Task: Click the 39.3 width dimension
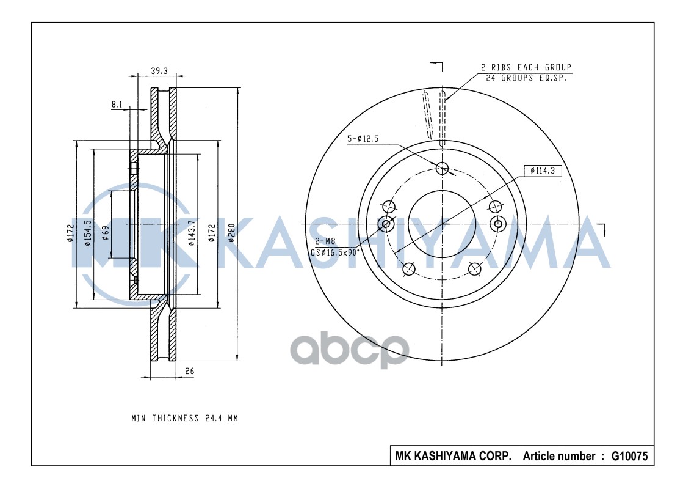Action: [x=160, y=71]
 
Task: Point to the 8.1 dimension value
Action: [x=117, y=105]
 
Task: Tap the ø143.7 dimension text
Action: [x=191, y=233]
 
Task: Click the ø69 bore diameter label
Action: [x=106, y=233]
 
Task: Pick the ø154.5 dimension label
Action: [x=88, y=233]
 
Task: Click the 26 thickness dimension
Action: [x=190, y=371]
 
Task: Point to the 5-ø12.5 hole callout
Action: [x=363, y=139]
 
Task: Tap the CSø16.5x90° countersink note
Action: [x=335, y=251]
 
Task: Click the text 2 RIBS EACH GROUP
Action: [x=526, y=67]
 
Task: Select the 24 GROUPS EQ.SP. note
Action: [x=526, y=78]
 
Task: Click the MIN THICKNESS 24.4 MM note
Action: [x=184, y=418]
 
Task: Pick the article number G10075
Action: [x=629, y=456]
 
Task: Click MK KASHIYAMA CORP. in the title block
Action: [x=454, y=456]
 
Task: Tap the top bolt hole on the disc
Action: [x=443, y=168]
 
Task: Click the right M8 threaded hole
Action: [x=498, y=224]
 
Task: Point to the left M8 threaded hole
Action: [x=386, y=224]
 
